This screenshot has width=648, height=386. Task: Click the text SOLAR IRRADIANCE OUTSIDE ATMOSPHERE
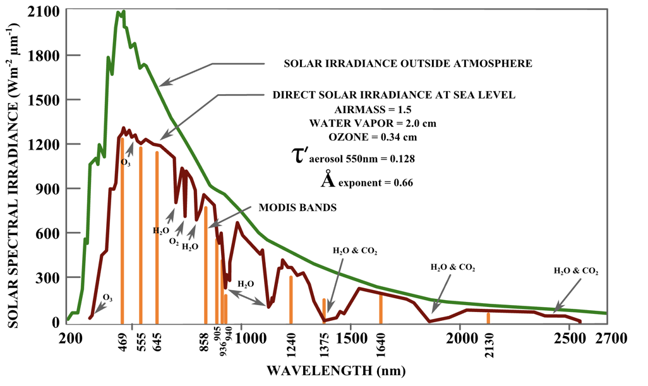point(408,64)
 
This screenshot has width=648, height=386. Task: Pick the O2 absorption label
point(174,241)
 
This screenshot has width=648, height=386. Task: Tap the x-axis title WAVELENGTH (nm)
point(336,370)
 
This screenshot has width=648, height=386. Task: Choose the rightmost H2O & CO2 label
point(575,270)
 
